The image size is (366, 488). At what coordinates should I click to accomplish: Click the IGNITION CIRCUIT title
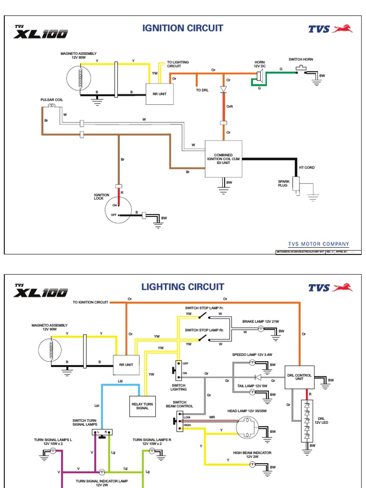click(x=183, y=28)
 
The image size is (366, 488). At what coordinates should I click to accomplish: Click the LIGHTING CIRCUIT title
click(x=183, y=286)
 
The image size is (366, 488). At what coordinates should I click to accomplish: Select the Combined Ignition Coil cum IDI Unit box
click(x=223, y=159)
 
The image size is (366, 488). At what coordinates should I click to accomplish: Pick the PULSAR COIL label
click(x=51, y=100)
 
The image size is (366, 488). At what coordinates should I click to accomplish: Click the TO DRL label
click(x=202, y=90)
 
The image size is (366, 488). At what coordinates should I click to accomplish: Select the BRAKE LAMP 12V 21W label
click(x=261, y=322)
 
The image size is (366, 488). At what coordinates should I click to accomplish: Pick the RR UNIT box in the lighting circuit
click(x=126, y=365)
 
